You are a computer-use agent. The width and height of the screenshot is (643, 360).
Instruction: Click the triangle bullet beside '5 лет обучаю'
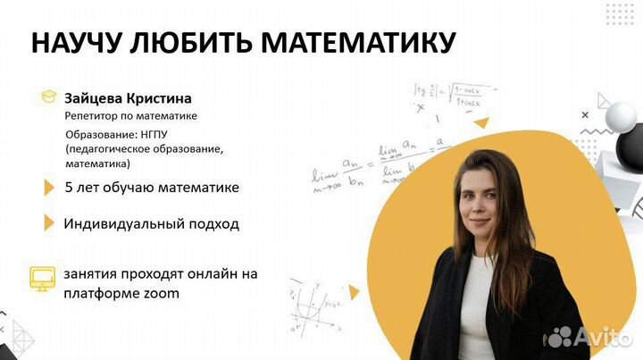[x=49, y=188]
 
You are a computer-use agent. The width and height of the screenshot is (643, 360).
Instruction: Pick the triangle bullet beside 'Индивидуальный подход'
[x=49, y=222]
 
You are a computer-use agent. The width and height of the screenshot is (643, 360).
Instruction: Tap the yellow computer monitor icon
[x=42, y=276]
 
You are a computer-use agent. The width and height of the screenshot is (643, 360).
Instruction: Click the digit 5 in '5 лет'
[x=69, y=188]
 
